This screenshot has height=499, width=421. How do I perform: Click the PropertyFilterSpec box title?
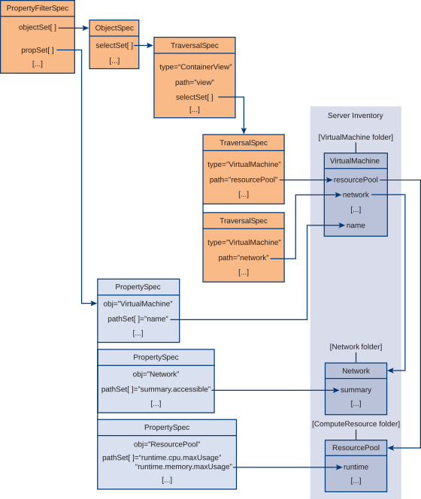coord(38,8)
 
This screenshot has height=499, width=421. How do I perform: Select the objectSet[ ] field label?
coord(38,27)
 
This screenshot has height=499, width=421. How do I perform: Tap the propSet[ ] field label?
coord(38,50)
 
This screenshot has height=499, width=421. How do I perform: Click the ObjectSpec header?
coord(114,28)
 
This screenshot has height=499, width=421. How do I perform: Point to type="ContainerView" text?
coord(195,67)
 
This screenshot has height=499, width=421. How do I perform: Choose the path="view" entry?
coord(195,83)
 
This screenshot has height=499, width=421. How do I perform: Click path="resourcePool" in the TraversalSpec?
coord(244,180)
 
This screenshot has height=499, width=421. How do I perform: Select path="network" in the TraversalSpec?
coord(244,258)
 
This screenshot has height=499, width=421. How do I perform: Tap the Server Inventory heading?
coord(356,116)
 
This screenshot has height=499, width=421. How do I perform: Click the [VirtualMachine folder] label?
coord(356,138)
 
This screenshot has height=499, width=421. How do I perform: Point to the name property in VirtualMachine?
coord(356,225)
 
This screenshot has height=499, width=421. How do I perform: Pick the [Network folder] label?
coord(356,346)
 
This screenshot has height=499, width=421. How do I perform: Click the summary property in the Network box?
coord(356,390)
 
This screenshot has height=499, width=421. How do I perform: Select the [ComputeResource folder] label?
coord(356,424)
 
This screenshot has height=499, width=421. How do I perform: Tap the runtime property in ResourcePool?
coord(356,467)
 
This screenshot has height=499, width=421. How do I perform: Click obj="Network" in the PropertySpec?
coord(156,374)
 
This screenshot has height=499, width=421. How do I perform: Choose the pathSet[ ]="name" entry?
coord(138,319)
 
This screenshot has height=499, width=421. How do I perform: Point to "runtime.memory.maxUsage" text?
coord(183,467)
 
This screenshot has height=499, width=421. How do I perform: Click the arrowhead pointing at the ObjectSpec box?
coord(86,28)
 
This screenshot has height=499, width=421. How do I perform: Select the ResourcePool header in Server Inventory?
coord(356,448)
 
